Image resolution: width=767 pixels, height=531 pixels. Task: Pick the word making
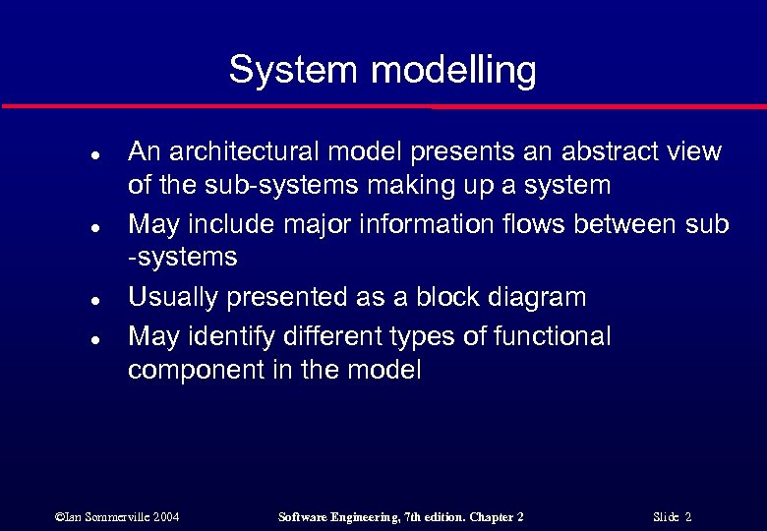click(395, 185)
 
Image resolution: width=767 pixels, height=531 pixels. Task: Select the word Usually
click(166, 297)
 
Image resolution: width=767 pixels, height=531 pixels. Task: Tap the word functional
click(556, 337)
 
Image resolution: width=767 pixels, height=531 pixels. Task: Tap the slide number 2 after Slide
click(688, 517)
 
